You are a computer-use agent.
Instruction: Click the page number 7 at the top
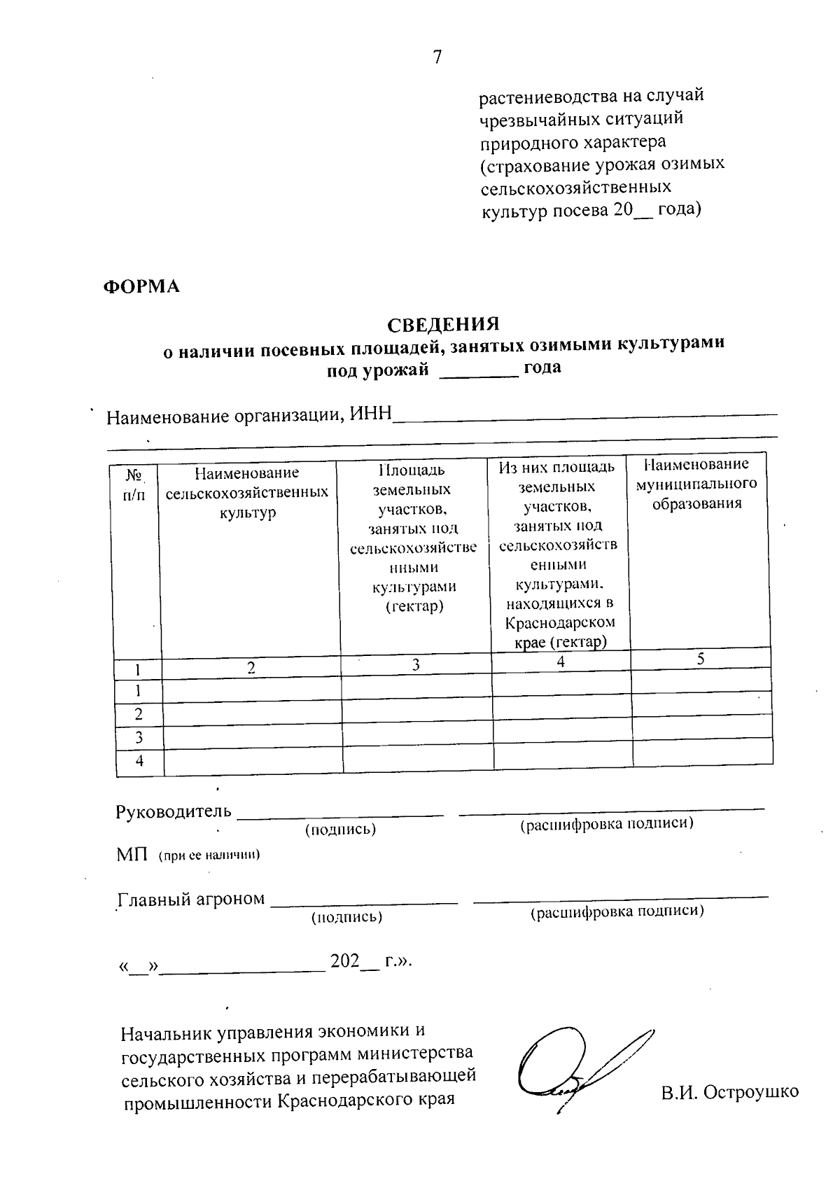click(437, 57)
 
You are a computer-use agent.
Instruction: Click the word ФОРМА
click(141, 286)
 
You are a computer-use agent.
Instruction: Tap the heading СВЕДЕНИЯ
click(443, 325)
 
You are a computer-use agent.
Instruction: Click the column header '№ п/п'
click(135, 485)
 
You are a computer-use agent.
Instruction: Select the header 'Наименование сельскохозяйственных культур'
click(247, 493)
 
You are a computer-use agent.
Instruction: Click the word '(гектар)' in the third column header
click(414, 606)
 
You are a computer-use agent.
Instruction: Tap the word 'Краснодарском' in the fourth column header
click(560, 622)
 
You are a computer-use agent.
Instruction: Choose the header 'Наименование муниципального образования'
click(696, 483)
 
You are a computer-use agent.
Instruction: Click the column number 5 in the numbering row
click(701, 658)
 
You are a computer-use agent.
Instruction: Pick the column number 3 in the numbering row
click(416, 664)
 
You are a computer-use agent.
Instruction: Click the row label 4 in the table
click(139, 761)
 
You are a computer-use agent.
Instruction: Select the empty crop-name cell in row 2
click(252, 714)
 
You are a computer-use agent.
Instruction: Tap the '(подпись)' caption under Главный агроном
click(346, 917)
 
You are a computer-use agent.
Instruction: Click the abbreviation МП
click(132, 855)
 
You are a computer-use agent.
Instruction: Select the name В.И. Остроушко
click(729, 1091)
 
